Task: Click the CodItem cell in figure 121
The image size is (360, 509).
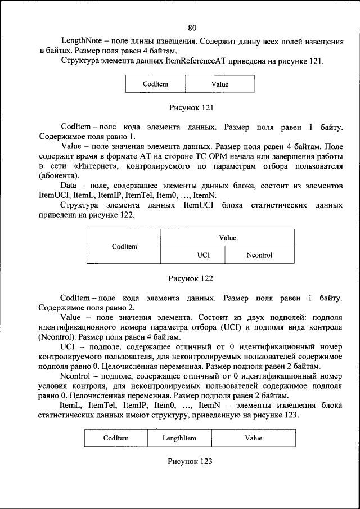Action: coord(155,85)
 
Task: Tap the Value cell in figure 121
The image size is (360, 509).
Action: coord(220,85)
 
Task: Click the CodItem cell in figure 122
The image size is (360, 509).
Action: coord(124,246)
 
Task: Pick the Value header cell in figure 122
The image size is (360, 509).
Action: coord(227,238)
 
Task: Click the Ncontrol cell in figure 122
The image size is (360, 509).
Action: coord(259,255)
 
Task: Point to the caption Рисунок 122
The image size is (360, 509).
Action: coord(191,278)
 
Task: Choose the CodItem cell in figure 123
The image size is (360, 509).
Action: coord(116,438)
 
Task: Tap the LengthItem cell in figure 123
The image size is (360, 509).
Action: coord(179,438)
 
